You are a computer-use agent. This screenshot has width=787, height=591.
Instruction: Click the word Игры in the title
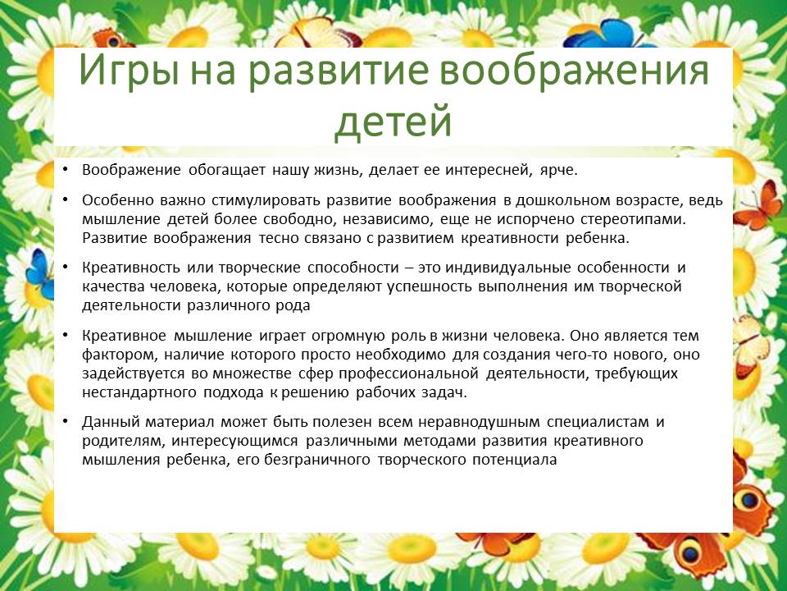[128, 71]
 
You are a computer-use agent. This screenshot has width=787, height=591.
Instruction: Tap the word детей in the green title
[393, 121]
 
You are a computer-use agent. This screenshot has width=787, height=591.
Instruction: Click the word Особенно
[117, 200]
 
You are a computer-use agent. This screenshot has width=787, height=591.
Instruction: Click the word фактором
[120, 355]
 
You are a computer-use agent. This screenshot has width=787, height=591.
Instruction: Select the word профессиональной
[408, 374]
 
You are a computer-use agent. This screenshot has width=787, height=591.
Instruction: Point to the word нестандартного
[139, 392]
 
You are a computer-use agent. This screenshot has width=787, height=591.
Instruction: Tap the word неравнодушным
[479, 422]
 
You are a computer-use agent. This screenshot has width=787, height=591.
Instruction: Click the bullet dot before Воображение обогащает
[65, 170]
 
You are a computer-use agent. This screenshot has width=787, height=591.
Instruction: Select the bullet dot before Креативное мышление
[65, 335]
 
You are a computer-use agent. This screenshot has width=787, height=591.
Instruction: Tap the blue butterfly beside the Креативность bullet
[39, 274]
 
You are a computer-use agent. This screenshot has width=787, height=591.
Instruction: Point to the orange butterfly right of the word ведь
[757, 206]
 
